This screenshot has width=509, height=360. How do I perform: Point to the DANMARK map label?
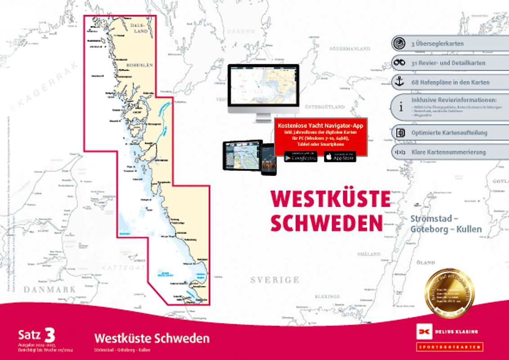(50, 289)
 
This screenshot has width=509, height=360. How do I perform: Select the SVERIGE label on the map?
(275, 280)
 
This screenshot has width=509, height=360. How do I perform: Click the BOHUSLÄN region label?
(140, 65)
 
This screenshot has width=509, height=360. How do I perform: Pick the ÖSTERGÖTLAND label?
(324, 107)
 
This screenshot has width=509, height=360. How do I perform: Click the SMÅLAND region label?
(369, 254)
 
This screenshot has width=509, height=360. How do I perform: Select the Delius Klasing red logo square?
(423, 332)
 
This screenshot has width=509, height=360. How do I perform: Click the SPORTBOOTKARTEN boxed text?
(449, 346)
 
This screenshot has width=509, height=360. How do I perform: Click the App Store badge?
(340, 157)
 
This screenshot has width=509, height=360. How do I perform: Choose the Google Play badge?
(300, 157)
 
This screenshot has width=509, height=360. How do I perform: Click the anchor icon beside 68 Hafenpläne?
(398, 82)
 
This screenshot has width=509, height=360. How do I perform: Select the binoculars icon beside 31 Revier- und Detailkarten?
(398, 63)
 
